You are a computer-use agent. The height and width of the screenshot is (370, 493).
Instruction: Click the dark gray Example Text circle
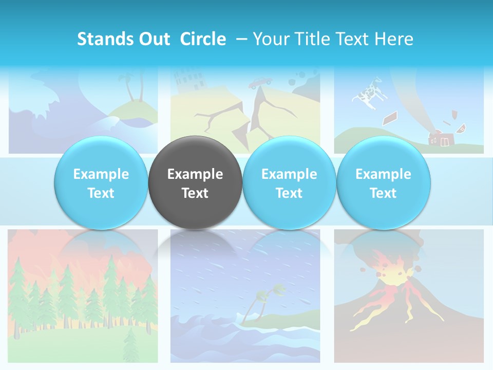(x=195, y=183)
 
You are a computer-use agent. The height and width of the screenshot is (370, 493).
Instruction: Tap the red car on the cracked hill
(x=261, y=82)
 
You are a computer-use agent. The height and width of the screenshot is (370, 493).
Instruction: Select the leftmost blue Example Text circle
(x=101, y=183)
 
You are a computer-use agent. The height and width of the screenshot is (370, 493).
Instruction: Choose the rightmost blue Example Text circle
(x=383, y=183)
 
